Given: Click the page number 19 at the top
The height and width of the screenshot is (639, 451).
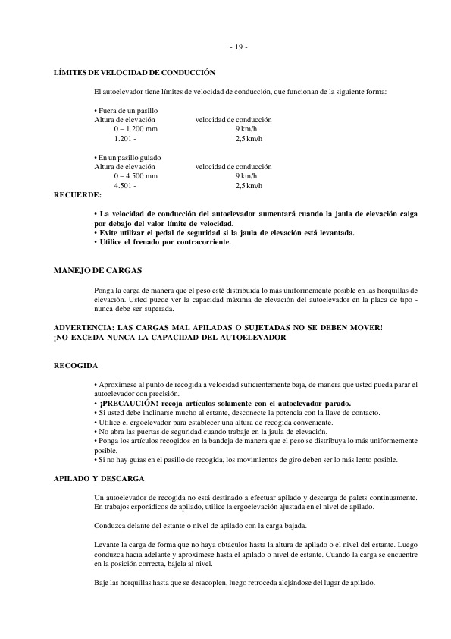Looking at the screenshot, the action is [x=237, y=48].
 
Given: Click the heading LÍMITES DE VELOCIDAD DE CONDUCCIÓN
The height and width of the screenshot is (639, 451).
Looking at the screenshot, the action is [x=134, y=73].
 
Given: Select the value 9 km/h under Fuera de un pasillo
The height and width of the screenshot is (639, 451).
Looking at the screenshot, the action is [x=246, y=131].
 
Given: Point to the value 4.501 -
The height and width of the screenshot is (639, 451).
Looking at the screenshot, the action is [x=125, y=186].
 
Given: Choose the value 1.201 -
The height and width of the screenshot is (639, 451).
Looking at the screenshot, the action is [x=125, y=140].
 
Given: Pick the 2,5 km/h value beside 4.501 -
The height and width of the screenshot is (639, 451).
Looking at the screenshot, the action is [x=249, y=186].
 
